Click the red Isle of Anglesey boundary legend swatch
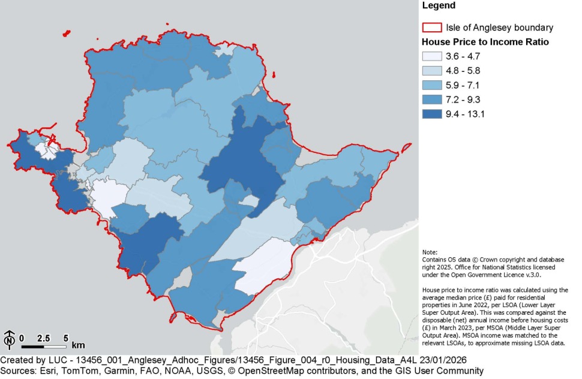432,28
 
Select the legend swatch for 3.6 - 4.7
432,57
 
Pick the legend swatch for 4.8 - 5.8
432,71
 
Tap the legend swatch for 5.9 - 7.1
432,85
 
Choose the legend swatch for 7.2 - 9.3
432,98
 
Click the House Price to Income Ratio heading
485,43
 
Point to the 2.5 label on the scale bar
43,338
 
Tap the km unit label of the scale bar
78,345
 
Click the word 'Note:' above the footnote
430,252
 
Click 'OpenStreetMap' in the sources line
263,371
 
